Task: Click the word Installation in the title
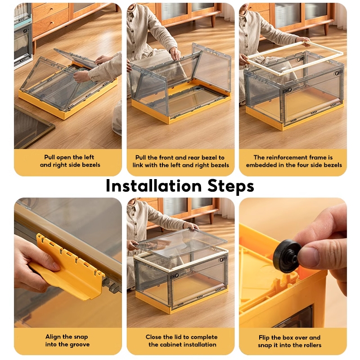click(x=153, y=185)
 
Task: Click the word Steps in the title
click(x=231, y=186)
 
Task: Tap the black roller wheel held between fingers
click(x=287, y=256)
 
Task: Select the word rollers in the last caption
click(x=311, y=345)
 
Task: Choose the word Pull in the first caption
click(x=49, y=157)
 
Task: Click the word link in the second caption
click(x=138, y=165)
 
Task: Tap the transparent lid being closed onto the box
click(x=182, y=242)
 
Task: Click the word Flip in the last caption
click(x=264, y=337)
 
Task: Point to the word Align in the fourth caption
click(x=52, y=337)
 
